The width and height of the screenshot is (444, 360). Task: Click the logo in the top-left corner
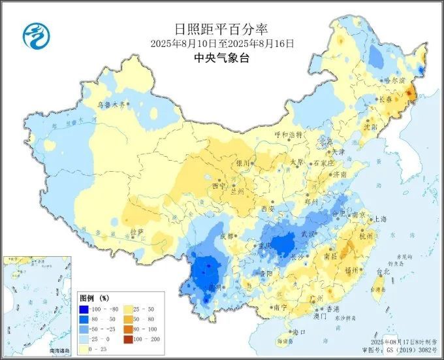(x=37, y=36)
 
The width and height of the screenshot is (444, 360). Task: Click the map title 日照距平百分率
(x=222, y=29)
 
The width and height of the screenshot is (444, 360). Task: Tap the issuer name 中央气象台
(x=222, y=57)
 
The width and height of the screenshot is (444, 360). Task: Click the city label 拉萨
(x=136, y=232)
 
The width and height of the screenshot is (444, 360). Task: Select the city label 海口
(x=300, y=332)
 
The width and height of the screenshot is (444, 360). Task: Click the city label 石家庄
(x=325, y=163)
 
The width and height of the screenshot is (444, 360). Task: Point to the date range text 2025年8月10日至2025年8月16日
(x=222, y=44)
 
